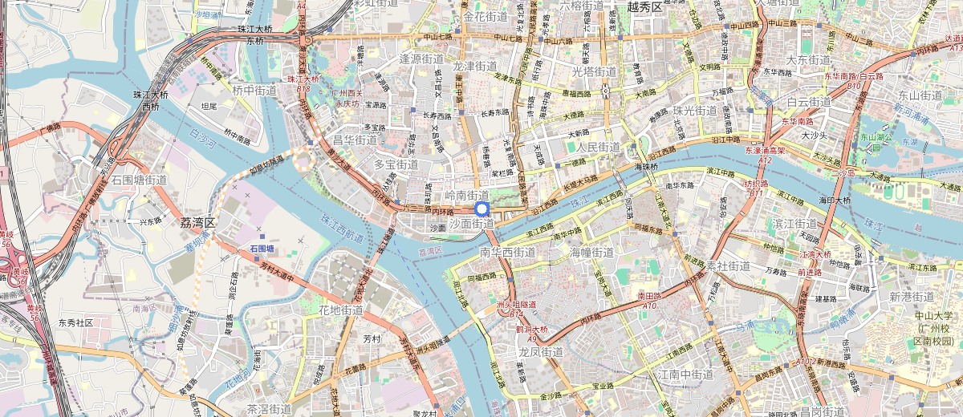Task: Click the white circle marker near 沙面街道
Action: pos(482,209)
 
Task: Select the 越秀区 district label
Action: pos(645,7)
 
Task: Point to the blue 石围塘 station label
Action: pos(262,249)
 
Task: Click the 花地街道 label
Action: pos(340,310)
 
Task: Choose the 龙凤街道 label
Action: pos(540,351)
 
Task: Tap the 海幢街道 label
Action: pos(591,252)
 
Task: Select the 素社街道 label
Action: pos(729,265)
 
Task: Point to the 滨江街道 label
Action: pos(794,222)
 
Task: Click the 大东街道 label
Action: pos(807,60)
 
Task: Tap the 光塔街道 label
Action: pos(594,71)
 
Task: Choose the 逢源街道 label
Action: pos(421,59)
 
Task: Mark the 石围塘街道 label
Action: pos(139,180)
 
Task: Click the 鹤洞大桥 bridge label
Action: pos(531,330)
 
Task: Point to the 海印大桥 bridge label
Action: pos(834,200)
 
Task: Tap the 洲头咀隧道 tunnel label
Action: pos(516,305)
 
